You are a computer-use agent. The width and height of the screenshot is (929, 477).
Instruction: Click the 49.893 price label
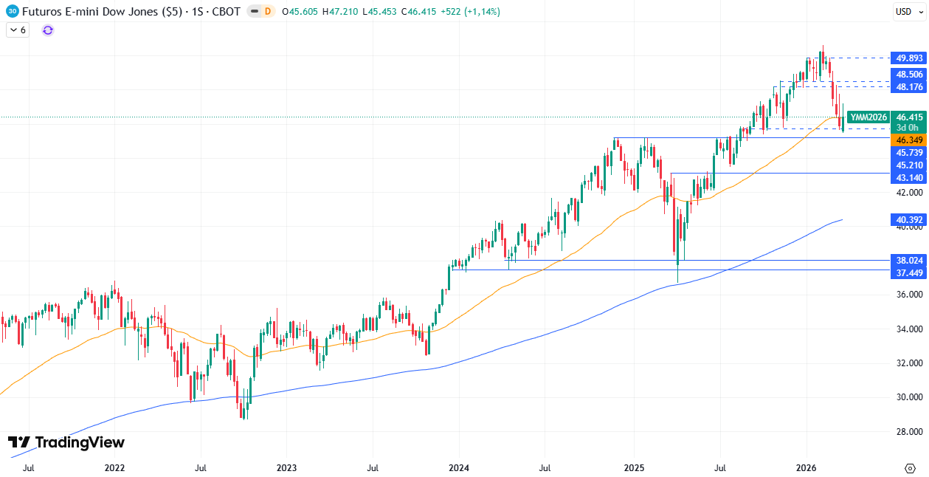coord(909,58)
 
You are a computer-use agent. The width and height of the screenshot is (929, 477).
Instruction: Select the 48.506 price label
coord(909,75)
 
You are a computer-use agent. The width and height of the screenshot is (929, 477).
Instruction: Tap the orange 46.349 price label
coord(909,140)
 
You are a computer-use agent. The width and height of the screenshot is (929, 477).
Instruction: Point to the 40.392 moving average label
coord(909,219)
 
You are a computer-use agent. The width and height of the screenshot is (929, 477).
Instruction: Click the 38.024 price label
coord(909,260)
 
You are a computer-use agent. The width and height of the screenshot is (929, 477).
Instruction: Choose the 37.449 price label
coord(909,272)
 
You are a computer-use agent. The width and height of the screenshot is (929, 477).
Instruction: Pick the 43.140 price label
coord(909,178)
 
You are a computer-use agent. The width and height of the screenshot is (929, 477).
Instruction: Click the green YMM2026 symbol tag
coord(868,117)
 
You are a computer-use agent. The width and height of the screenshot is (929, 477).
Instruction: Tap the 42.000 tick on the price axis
coord(909,192)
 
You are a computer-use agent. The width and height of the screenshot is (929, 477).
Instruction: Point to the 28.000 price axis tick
coord(909,431)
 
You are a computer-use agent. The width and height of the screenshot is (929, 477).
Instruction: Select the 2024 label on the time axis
coord(460,467)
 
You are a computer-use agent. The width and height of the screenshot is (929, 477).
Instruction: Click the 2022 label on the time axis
coord(114,467)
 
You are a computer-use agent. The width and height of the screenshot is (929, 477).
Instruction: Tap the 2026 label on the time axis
coord(807,467)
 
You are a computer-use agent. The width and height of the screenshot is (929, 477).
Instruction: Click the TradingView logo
coord(66,442)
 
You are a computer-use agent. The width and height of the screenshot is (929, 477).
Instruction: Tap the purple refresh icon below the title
coord(48,30)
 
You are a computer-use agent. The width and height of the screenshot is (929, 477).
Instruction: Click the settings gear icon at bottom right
coord(910,467)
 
